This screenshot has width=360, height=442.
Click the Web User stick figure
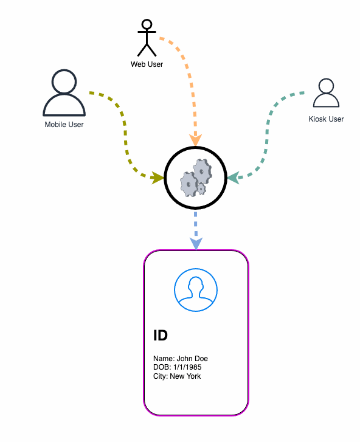coord(147,38)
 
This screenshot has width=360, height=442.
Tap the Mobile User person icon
coord(64,93)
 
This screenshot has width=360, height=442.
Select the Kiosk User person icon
coord(326,93)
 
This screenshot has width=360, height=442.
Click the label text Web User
coord(147,64)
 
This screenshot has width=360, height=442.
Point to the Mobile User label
coord(64,124)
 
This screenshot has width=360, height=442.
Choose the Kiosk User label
coord(326,119)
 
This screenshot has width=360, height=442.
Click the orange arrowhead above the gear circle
coord(195,140)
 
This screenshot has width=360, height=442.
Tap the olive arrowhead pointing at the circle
coord(157,178)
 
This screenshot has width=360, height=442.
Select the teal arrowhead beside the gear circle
coord(234,178)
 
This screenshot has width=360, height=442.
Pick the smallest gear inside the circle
coord(201,188)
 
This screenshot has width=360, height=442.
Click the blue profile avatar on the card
coord(196,290)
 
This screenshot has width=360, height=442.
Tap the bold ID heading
coord(161,336)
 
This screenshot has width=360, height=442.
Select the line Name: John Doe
coord(181,359)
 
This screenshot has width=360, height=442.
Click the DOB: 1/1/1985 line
coord(178,367)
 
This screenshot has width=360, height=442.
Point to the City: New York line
coord(177,376)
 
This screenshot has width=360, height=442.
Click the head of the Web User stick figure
coord(147,24)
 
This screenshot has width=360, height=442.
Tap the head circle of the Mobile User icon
coord(64,81)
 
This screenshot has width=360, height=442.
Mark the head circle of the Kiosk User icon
coord(326,86)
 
